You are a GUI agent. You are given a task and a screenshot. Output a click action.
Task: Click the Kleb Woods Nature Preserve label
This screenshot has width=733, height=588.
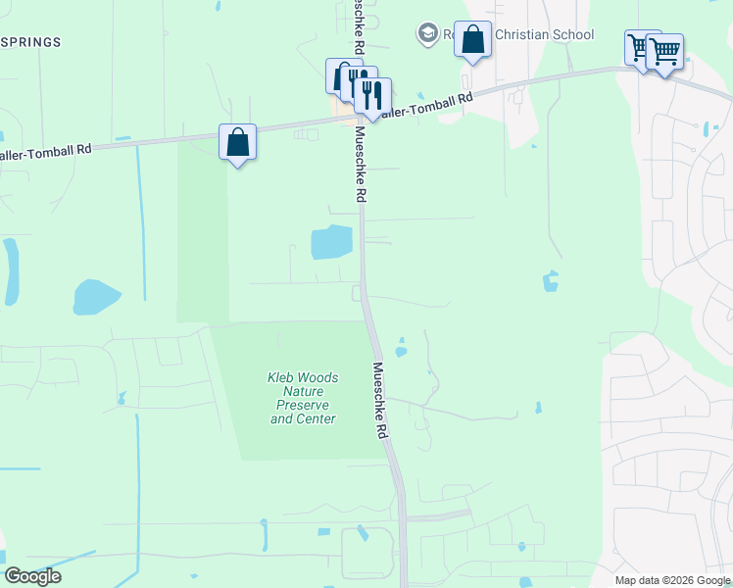(303, 398)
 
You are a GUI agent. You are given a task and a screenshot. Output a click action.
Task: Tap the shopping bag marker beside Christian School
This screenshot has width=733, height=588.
(472, 41)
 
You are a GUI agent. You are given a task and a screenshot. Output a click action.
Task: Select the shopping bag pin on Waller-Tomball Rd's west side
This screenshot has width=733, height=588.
(238, 143)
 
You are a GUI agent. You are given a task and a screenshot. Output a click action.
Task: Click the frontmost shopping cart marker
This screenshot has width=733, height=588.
(665, 51)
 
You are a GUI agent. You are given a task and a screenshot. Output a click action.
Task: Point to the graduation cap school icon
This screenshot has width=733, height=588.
(426, 34)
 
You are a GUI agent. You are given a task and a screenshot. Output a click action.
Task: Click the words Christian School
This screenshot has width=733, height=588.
(544, 35)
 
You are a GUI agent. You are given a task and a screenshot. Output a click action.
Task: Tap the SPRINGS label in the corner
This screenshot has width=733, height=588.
(31, 43)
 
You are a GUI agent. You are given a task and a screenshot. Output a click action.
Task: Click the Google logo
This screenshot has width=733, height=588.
(32, 576)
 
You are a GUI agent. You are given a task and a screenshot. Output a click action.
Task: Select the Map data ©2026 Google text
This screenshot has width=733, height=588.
(672, 580)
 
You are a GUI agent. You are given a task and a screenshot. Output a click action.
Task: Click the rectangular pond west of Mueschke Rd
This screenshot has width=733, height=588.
(331, 242)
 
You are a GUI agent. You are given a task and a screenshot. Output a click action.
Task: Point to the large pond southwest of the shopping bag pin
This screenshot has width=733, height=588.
(96, 296)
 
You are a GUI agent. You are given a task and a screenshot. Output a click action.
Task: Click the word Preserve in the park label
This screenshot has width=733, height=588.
(303, 405)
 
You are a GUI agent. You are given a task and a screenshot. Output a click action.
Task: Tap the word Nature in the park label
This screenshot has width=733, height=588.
(303, 391)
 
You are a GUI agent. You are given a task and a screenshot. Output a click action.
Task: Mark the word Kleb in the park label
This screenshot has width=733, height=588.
(282, 377)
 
